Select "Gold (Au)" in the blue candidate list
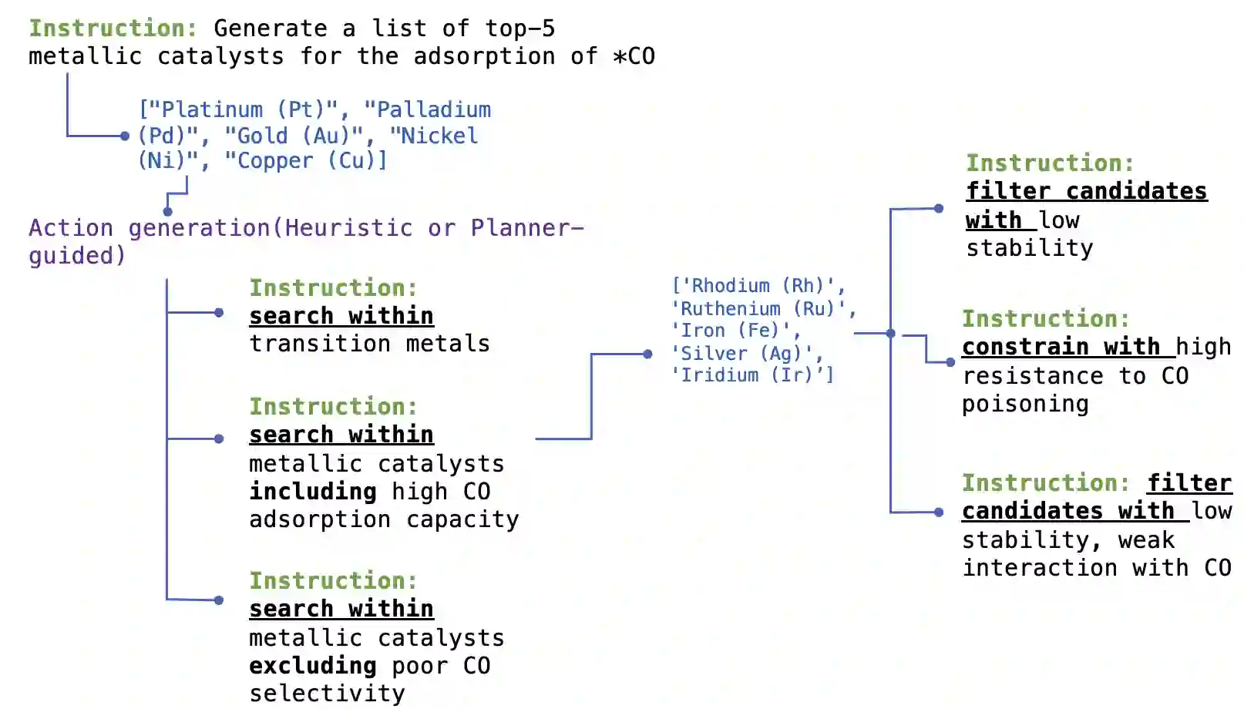point(294,136)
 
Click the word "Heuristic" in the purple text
point(348,227)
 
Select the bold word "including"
point(312,491)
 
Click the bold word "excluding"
point(312,665)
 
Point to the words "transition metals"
point(369,343)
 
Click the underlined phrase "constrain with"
point(1061,347)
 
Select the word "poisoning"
point(1025,404)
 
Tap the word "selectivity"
point(327,694)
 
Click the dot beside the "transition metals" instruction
point(219,312)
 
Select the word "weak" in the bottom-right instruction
point(1146,540)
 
